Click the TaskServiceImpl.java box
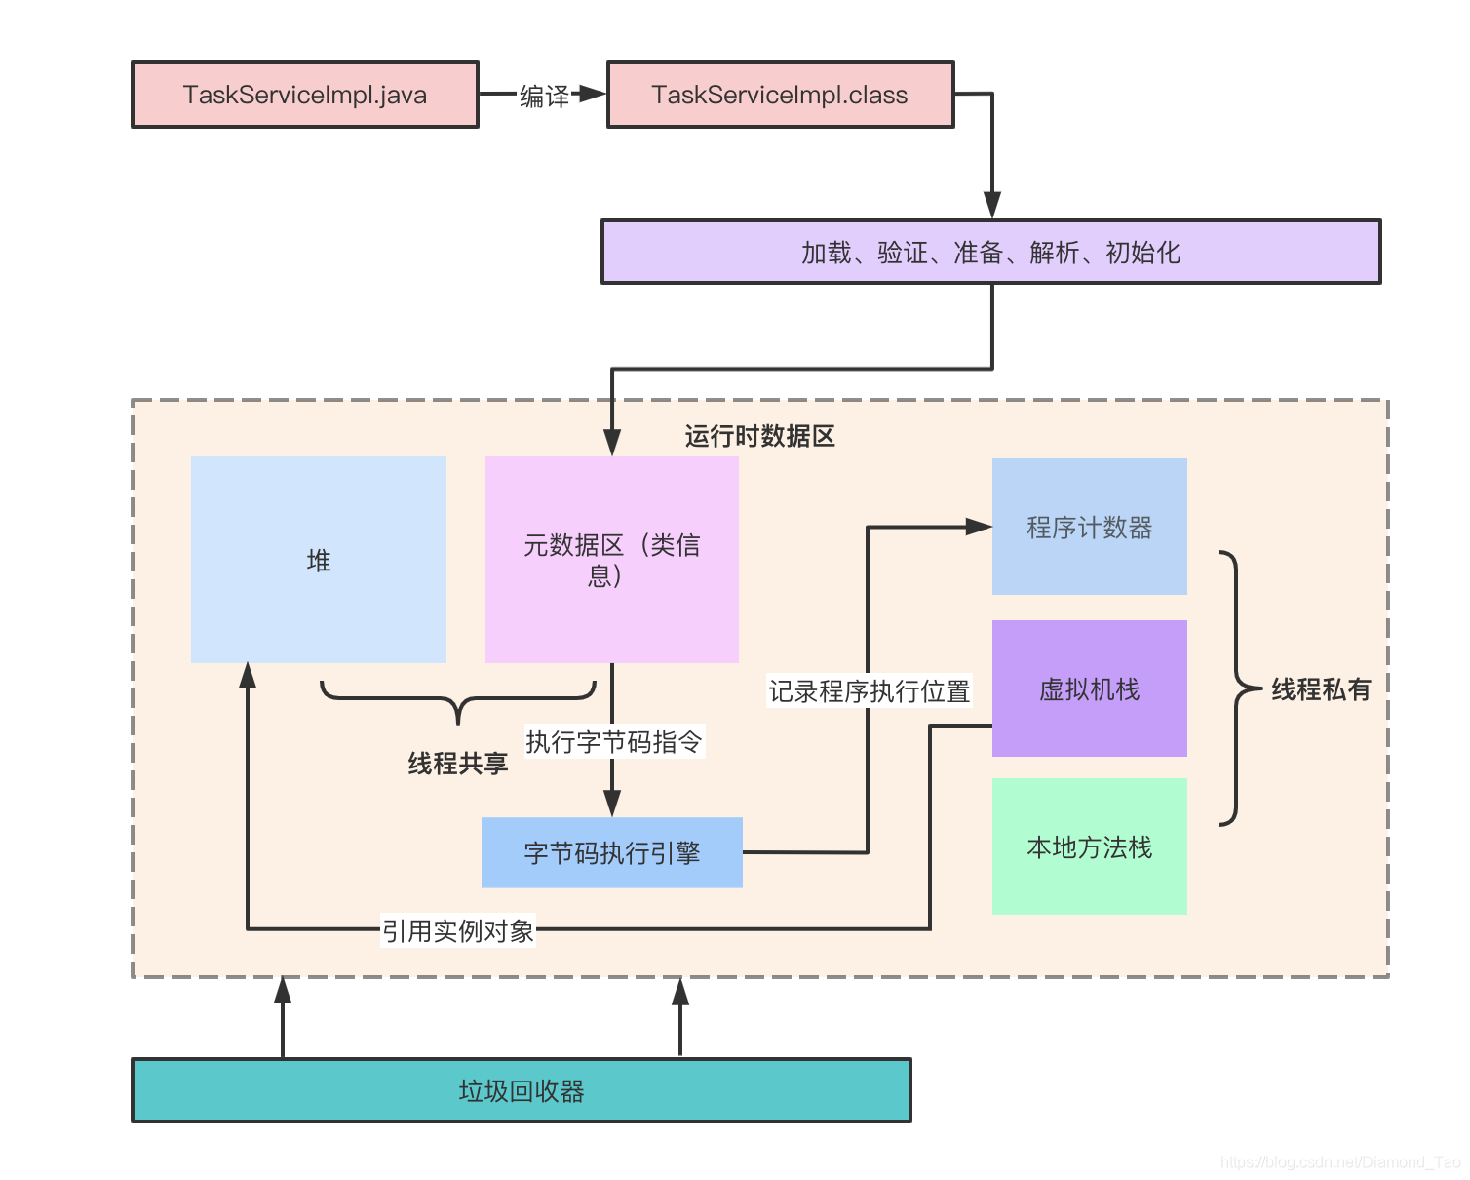[x=305, y=95]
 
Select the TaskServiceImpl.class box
[x=780, y=95]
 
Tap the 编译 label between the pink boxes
[x=544, y=96]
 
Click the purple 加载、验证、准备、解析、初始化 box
[x=990, y=252]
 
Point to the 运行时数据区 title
[x=759, y=435]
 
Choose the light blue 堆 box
[x=319, y=559]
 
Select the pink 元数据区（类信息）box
[x=611, y=559]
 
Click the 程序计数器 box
[x=1089, y=526]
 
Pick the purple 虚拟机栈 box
[x=1089, y=688]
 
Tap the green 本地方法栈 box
[x=1089, y=846]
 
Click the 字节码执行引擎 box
[x=611, y=852]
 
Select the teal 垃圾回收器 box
[x=521, y=1090]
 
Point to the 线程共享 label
[x=457, y=763]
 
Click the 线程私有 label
[x=1321, y=688]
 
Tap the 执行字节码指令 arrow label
[x=614, y=741]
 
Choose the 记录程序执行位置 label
[x=869, y=690]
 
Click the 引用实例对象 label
[x=457, y=930]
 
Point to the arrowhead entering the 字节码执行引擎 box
[x=611, y=803]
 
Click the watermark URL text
[x=1339, y=1161]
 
